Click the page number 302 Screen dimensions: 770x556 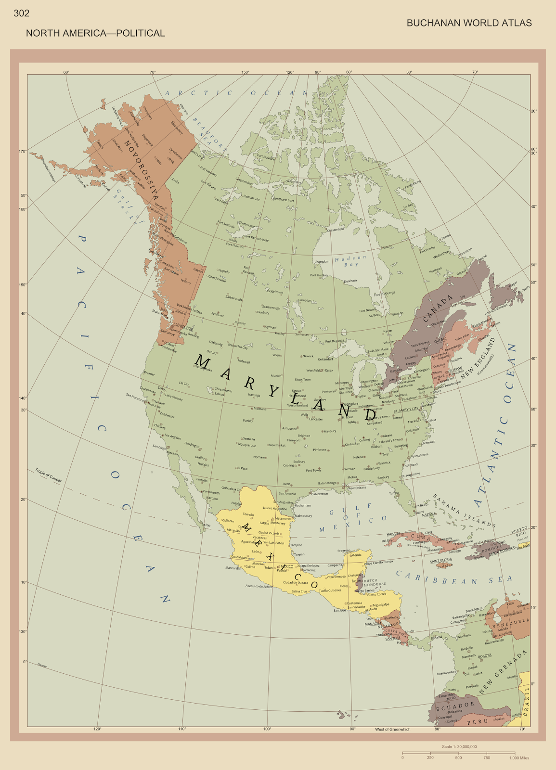[22, 13]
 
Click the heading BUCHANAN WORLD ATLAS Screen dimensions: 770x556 [469, 23]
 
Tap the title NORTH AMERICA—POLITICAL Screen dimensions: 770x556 [95, 33]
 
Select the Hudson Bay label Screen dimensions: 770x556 [351, 261]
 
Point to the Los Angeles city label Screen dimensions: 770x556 [172, 436]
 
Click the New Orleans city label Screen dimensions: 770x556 [357, 488]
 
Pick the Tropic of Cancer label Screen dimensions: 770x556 [49, 475]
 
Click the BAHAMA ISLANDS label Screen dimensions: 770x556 [464, 511]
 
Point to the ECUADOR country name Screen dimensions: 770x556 [455, 706]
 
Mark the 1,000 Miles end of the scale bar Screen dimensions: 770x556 [519, 758]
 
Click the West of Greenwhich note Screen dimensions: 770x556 [393, 730]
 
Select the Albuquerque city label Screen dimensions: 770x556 [247, 445]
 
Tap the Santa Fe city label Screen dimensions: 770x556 [249, 439]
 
